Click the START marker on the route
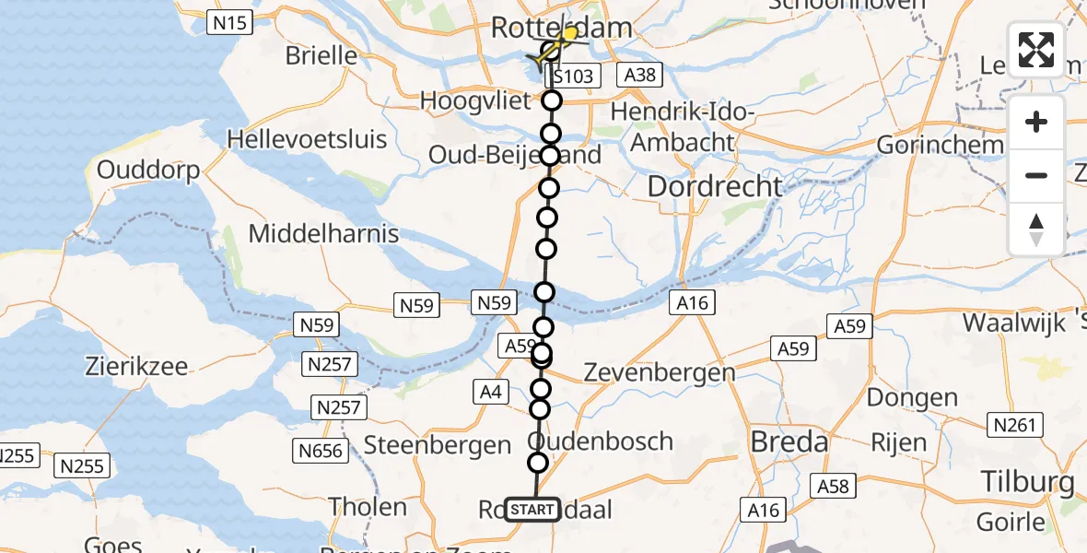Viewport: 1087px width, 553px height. (x=532, y=510)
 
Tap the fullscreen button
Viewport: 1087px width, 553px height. (x=1036, y=49)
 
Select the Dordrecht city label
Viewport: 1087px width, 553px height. (x=715, y=185)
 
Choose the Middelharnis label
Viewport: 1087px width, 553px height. (x=323, y=233)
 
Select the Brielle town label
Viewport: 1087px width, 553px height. (x=321, y=55)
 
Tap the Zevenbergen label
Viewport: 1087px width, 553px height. (x=660, y=372)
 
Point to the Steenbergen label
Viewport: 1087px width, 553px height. (x=438, y=445)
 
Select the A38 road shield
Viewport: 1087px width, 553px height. (x=639, y=75)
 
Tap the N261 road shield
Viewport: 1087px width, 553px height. (x=1015, y=425)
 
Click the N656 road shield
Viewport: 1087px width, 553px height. (x=321, y=451)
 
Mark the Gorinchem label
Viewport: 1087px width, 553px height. (x=940, y=145)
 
